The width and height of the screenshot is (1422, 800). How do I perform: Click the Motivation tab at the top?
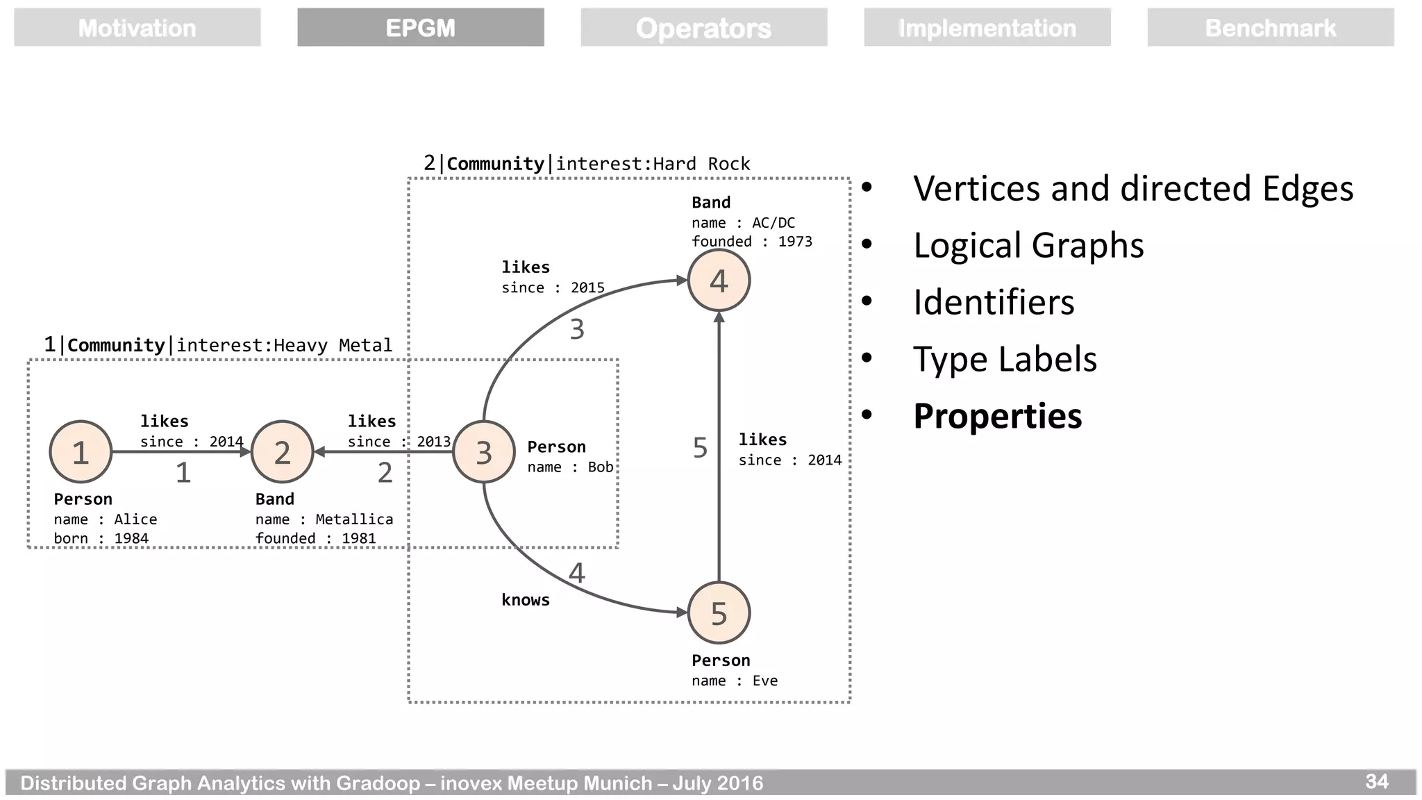[137, 28]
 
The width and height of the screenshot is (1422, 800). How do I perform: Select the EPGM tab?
[420, 28]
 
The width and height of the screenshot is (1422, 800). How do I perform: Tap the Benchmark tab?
[1270, 28]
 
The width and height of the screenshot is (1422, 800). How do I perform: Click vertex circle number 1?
[81, 452]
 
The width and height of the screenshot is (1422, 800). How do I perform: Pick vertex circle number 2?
[282, 452]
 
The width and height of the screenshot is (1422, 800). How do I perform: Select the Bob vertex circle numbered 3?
[483, 452]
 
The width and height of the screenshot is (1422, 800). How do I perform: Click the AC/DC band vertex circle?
[719, 281]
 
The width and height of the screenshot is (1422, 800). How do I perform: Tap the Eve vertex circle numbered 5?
[719, 613]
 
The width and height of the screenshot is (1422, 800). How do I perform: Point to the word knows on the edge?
[526, 600]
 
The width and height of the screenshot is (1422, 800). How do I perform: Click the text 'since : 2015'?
[553, 287]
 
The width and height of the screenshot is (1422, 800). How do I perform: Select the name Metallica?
[354, 519]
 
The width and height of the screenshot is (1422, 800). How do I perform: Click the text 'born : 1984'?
[101, 538]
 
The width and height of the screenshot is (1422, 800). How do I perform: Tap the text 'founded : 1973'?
[751, 242]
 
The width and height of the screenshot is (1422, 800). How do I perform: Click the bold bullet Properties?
[997, 416]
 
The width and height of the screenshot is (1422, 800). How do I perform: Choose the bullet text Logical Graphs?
[1028, 245]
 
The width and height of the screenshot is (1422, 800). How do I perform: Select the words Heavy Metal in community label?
[333, 345]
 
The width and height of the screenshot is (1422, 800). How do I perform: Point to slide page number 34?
[1377, 782]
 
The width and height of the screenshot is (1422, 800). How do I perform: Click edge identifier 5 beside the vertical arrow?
[700, 448]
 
